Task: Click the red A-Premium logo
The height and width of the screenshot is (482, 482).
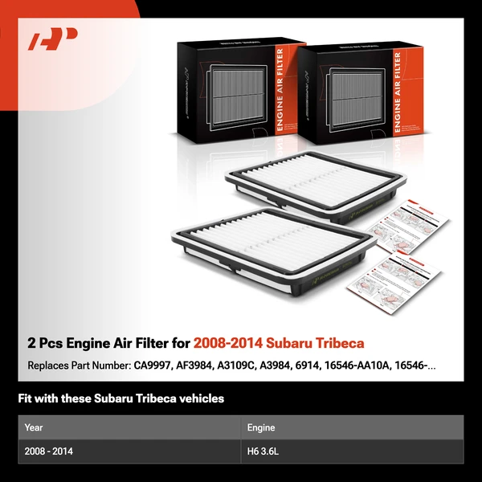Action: [x=53, y=39]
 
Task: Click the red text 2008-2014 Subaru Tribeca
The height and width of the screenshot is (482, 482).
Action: [x=279, y=344]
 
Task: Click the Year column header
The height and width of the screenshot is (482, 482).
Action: [x=34, y=428]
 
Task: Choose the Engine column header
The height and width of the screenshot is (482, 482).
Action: [x=262, y=428]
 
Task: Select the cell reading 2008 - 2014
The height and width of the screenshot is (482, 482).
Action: [x=49, y=452]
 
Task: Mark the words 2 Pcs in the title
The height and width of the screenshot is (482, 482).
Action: [x=44, y=344]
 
